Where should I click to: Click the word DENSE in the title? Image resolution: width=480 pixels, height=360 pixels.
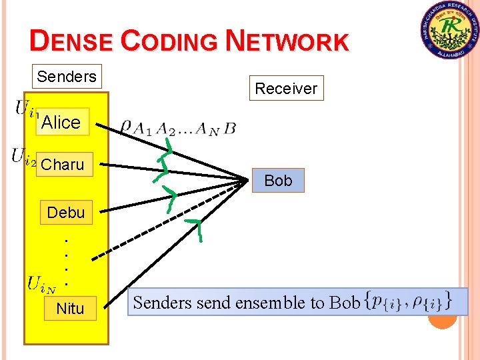pyautogui.click(x=72, y=41)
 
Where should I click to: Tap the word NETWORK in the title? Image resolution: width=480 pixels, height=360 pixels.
pyautogui.click(x=287, y=41)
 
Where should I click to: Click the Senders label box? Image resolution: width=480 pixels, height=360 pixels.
pyautogui.click(x=67, y=77)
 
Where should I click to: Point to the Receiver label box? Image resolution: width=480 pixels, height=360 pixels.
pyautogui.click(x=286, y=88)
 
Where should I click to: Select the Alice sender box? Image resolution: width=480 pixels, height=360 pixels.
pyautogui.click(x=61, y=122)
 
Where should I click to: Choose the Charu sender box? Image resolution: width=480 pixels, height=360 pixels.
pyautogui.click(x=63, y=165)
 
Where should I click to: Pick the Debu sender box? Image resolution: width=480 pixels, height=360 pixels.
pyautogui.click(x=66, y=213)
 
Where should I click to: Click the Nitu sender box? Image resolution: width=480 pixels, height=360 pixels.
pyautogui.click(x=70, y=309)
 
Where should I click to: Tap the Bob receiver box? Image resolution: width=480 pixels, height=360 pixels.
pyautogui.click(x=278, y=181)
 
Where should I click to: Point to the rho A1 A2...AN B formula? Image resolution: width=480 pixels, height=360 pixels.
pyautogui.click(x=178, y=127)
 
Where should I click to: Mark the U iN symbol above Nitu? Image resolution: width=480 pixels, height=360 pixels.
pyautogui.click(x=41, y=284)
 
